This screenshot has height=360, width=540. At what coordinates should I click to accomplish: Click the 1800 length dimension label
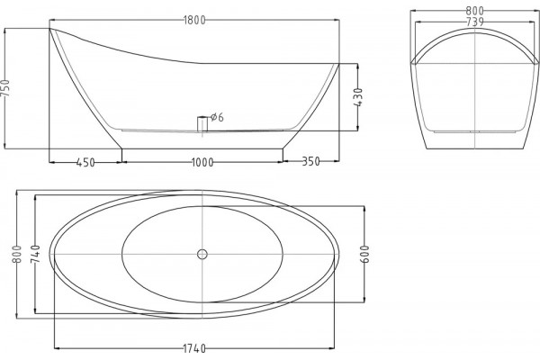(194, 21)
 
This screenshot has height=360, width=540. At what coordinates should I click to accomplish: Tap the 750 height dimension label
(6, 88)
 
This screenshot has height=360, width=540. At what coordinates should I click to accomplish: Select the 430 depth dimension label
(358, 97)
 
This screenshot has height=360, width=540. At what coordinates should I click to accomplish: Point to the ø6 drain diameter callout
(217, 118)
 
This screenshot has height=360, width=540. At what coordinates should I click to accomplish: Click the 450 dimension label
(85, 162)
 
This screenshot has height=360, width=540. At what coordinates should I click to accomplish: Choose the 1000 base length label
(202, 162)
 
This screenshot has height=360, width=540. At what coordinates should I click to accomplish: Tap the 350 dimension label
(311, 161)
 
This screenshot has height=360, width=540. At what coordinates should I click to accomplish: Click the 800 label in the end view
(475, 11)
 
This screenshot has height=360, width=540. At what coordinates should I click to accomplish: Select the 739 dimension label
(475, 22)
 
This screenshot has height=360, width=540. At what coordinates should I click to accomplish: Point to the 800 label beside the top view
(17, 254)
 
